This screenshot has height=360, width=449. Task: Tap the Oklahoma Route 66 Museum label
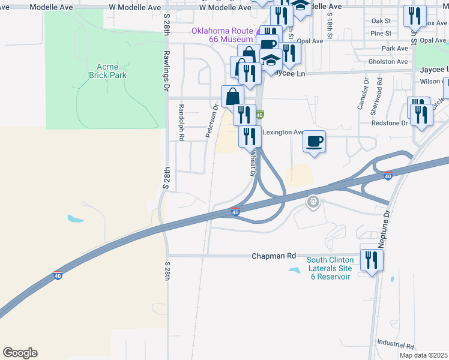tap(222, 35)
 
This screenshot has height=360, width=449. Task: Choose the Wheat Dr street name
tap(253, 161)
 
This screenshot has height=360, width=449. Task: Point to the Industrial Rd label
tap(396, 346)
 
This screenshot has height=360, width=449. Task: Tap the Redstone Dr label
tap(393, 122)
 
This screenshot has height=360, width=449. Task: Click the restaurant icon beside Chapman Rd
tap(372, 259)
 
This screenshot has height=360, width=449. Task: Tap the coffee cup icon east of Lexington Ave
tap(314, 142)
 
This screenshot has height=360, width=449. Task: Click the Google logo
tap(20, 353)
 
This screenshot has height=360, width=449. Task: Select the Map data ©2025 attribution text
tap(423, 355)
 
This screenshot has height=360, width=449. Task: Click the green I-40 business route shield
tap(259, 114)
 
